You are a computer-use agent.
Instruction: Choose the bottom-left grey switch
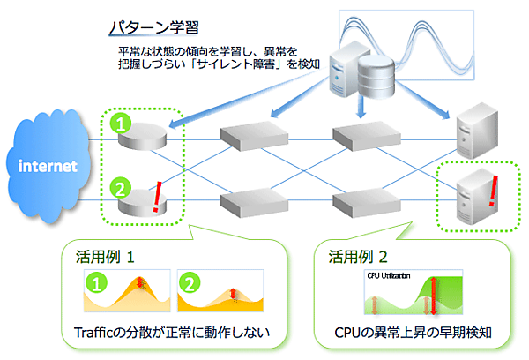click(250, 202)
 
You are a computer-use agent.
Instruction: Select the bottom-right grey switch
click(361, 202)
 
